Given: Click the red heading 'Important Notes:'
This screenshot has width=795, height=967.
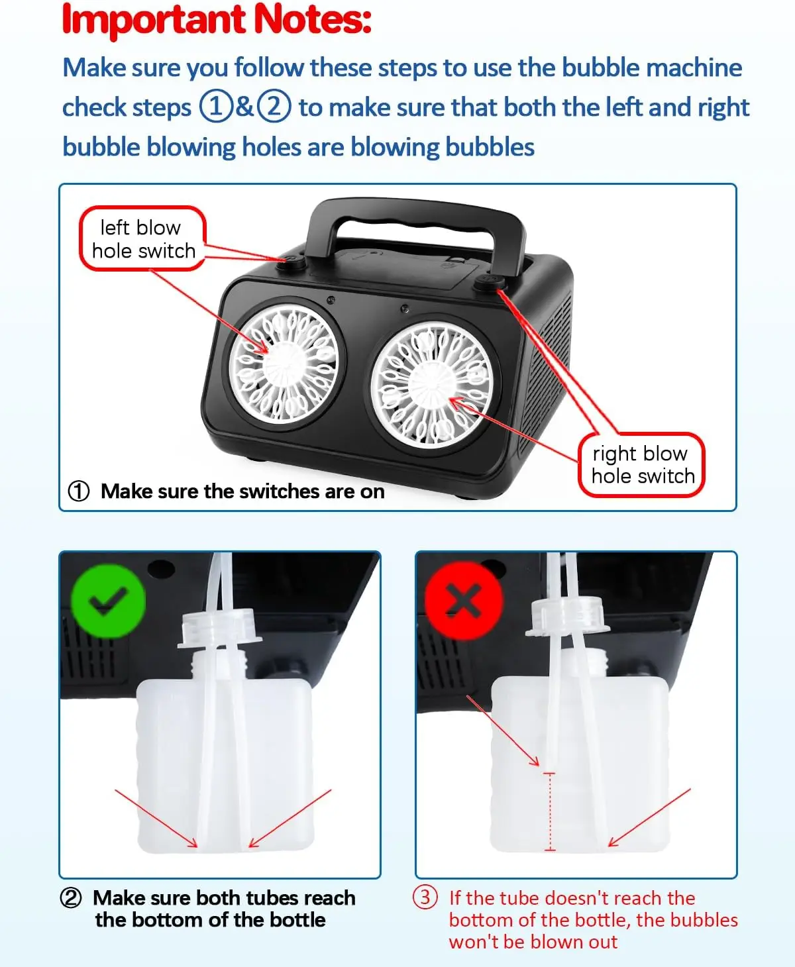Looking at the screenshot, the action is coord(217,20).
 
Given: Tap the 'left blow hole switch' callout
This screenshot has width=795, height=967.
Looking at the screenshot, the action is coord(142,238).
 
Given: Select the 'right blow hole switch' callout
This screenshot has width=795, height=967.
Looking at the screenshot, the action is coord(641,464).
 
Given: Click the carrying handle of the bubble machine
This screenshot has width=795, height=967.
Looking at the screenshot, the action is coord(415,220).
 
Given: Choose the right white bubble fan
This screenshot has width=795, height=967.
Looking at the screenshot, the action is coord(432,384).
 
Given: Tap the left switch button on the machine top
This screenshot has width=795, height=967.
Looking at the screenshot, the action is coord(293,262).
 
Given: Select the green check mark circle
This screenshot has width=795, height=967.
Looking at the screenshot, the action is coord(108,601).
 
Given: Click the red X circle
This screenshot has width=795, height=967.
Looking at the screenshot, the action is coord(464,601).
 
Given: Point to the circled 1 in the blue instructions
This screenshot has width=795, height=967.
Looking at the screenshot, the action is coord(215,107).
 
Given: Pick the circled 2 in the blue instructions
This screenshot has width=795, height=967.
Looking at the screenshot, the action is coord(274,107).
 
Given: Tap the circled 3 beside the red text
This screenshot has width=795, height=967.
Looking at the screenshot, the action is coord(425,897).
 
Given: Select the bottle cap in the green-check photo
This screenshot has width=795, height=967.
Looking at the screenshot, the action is coord(220,628).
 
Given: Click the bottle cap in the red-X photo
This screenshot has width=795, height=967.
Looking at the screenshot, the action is coord(568,617).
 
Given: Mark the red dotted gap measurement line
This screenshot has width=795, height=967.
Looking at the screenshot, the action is coord(550,812).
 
